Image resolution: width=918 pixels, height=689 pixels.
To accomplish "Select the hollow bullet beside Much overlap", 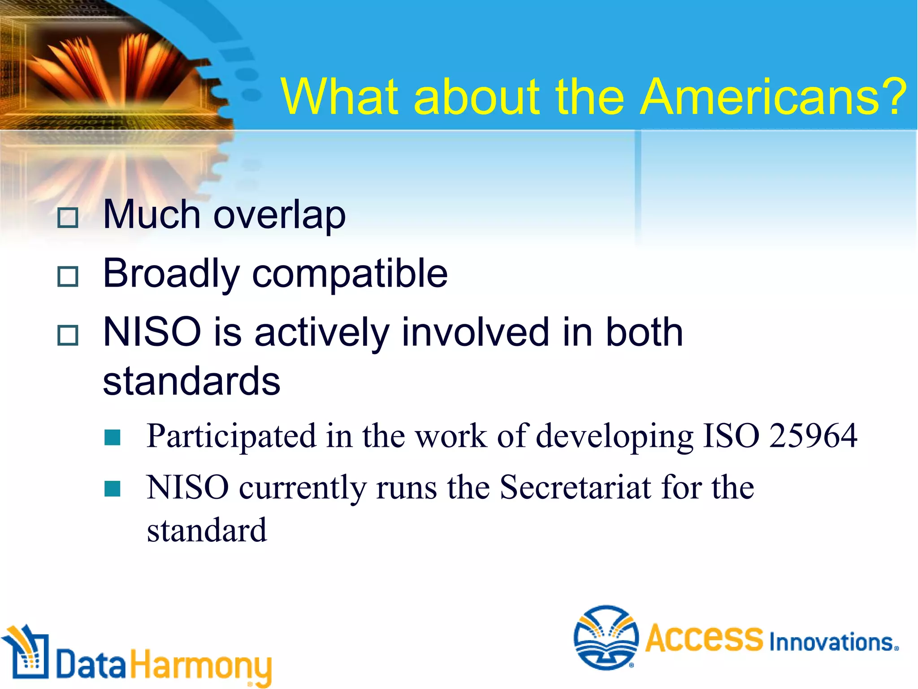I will [68, 218].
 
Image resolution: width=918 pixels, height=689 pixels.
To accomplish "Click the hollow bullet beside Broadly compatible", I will [68, 276].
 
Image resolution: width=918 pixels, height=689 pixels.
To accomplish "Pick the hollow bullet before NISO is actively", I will [68, 335].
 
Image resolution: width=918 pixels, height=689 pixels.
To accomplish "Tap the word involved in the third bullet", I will [475, 332].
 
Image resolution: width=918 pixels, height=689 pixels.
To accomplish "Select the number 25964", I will [813, 436].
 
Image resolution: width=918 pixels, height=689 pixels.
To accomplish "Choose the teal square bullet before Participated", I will [112, 437].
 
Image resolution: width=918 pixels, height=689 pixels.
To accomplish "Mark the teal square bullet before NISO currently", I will [112, 489].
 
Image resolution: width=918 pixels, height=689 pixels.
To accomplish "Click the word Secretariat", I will [575, 488].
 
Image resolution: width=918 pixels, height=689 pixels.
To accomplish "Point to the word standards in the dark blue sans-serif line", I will [191, 382].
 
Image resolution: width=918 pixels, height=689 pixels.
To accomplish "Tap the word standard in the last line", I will [207, 531].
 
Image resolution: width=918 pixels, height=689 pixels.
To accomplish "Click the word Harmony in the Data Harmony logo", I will [200, 666].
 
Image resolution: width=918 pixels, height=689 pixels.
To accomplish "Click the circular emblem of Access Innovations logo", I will [606, 637].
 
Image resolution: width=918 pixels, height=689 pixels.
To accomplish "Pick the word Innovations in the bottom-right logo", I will [833, 642].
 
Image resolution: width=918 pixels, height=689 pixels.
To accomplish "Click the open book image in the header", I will [112, 67].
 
